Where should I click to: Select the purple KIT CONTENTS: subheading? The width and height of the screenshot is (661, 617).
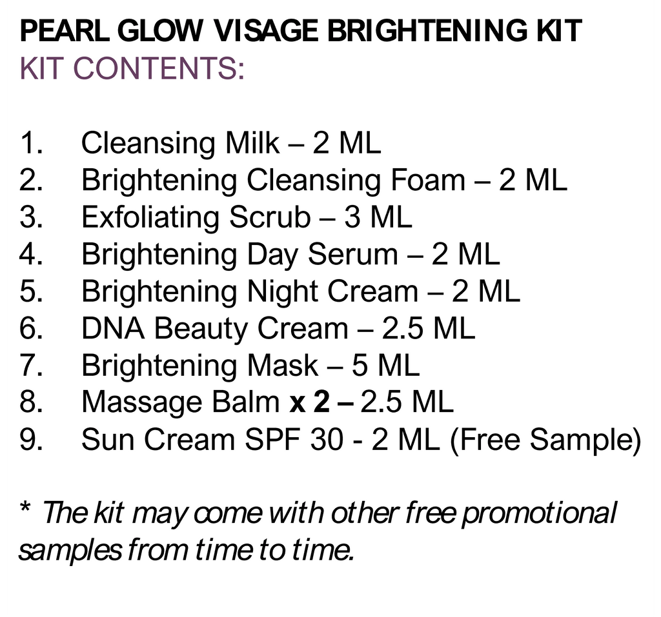(x=132, y=68)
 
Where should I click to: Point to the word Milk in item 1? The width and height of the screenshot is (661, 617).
(x=252, y=144)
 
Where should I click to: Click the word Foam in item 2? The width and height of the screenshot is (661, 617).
(x=427, y=181)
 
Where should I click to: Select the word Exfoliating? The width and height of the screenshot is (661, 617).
(x=151, y=218)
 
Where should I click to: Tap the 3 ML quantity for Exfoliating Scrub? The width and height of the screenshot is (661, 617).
(x=378, y=218)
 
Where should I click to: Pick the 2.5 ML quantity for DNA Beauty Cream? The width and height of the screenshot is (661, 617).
(x=429, y=329)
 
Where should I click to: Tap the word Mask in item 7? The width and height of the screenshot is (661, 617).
(x=283, y=366)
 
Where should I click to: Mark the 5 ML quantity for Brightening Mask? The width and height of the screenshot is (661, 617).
(x=385, y=366)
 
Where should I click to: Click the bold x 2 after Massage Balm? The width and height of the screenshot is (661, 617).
(x=310, y=403)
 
